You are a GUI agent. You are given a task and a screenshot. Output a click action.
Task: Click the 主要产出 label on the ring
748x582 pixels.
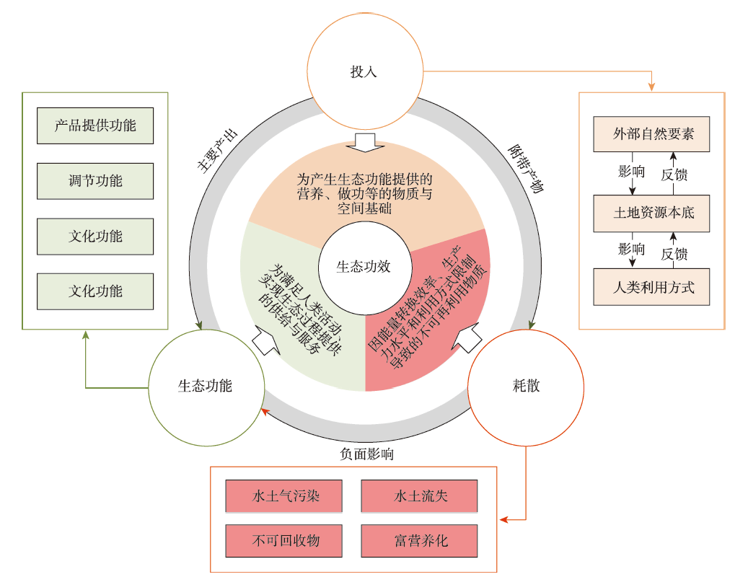217,151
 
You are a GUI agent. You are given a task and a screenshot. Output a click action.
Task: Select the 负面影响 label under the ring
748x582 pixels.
367,454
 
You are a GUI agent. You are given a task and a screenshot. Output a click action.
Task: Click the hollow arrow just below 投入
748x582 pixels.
366,143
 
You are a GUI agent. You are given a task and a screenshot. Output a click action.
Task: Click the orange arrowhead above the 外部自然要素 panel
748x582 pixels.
651,87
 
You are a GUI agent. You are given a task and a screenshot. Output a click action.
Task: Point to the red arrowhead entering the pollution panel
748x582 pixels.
505,519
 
